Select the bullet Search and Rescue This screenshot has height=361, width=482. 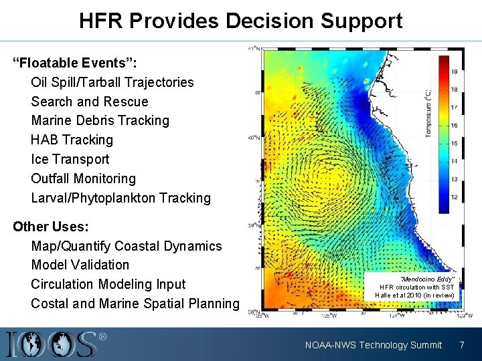pyautogui.click(x=90, y=102)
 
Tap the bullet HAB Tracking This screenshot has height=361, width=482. pyautogui.click(x=72, y=140)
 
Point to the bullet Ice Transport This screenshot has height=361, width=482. pyautogui.click(x=70, y=159)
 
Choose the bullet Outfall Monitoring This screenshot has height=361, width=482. pyautogui.click(x=84, y=178)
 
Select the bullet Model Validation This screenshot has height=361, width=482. pyautogui.click(x=80, y=265)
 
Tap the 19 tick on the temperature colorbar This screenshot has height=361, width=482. pyautogui.click(x=455, y=72)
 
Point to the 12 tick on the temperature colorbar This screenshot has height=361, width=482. pyautogui.click(x=455, y=197)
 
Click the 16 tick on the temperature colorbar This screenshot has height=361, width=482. pyautogui.click(x=455, y=126)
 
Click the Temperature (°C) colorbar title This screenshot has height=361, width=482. pyautogui.click(x=428, y=114)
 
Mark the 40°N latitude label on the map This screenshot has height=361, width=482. pyautogui.click(x=254, y=138)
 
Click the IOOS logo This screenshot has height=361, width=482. pyautogui.click(x=57, y=344)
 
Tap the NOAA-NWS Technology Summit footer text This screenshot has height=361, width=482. pyautogui.click(x=374, y=345)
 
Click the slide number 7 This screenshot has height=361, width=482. pyautogui.click(x=461, y=345)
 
